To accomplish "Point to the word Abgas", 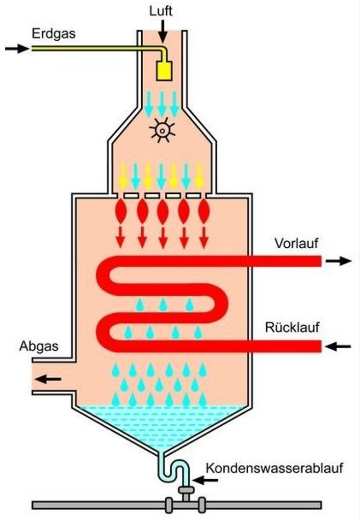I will pos(39,346).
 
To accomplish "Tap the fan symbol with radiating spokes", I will pos(161,130).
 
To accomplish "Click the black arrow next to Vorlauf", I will pos(339,261).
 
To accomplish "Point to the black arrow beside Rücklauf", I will pos(339,346).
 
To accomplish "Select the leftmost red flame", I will pos(121,212).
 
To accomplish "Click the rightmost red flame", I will pos(204,212).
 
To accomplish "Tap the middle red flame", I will pos(163,212).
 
